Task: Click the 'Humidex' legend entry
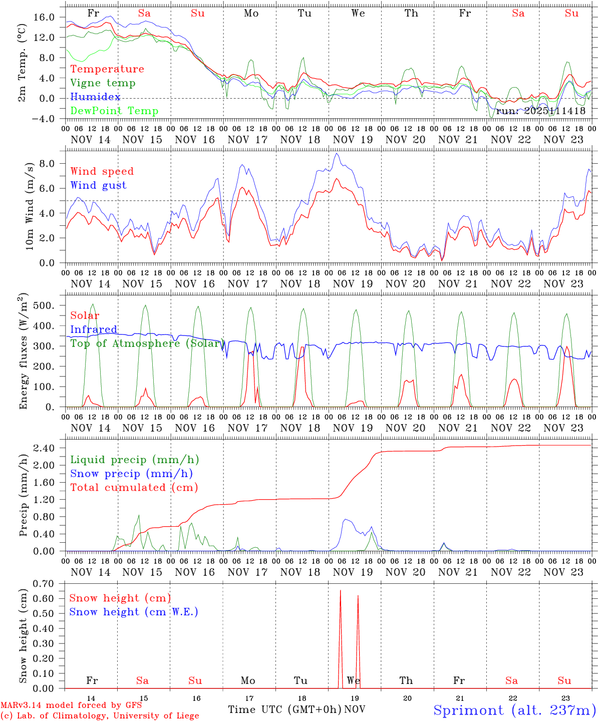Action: coord(95,97)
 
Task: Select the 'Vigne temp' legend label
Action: coord(103,83)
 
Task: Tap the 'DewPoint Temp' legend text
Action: coord(114,111)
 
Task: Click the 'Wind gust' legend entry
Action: coord(98,185)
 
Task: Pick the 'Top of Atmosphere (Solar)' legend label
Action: coord(146,343)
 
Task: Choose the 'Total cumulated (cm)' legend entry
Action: coord(134,487)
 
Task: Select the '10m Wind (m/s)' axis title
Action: coord(29,206)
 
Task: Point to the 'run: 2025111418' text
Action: coord(540,111)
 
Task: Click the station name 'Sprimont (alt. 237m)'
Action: coord(514,710)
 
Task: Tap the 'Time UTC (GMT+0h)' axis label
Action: coord(284,709)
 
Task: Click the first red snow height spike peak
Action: coord(341,591)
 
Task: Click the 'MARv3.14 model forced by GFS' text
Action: coord(71,705)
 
